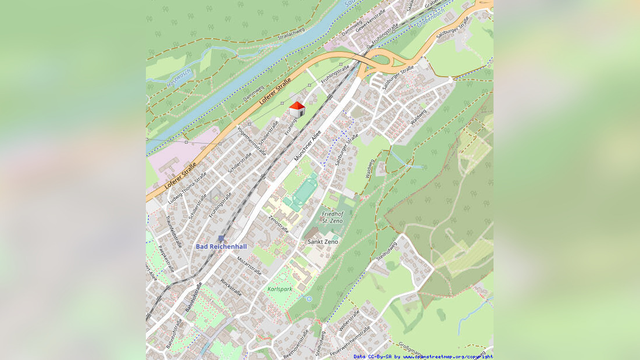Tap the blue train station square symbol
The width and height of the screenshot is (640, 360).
click(221, 238)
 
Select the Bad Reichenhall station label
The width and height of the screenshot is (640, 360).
click(221, 247)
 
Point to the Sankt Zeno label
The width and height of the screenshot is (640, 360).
click(323, 241)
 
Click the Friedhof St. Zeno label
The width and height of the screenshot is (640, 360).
click(332, 218)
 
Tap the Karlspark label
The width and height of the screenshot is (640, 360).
click(280, 289)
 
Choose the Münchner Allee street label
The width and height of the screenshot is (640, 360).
click(308, 145)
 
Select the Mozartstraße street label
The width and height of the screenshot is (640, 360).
click(250, 266)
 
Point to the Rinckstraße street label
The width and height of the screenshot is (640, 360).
click(231, 287)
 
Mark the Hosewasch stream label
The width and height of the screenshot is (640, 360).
click(178, 79)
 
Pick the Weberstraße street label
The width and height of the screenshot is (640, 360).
click(349, 320)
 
